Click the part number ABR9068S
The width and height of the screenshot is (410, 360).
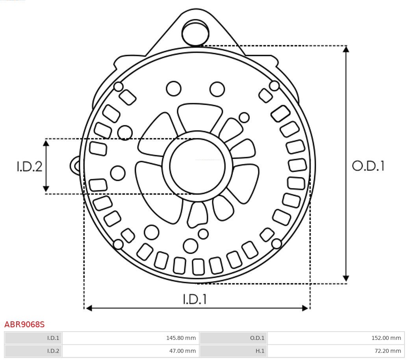[24, 325]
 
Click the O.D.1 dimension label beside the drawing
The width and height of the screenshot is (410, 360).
[368, 166]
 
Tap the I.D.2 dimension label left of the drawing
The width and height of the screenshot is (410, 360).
[29, 166]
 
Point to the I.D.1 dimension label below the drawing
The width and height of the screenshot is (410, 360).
[195, 299]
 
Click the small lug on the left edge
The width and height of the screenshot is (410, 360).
[75, 166]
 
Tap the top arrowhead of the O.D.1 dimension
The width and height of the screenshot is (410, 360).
[346, 49]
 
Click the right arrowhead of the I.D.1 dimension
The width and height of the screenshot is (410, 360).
[305, 308]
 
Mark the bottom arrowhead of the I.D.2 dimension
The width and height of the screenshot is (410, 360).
[46, 189]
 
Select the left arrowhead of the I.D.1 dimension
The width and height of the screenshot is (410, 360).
[89, 308]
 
